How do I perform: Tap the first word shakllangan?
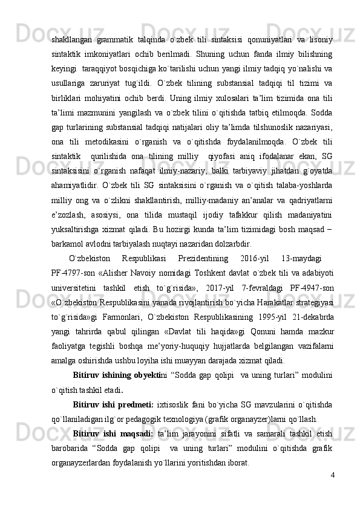(72, 23)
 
